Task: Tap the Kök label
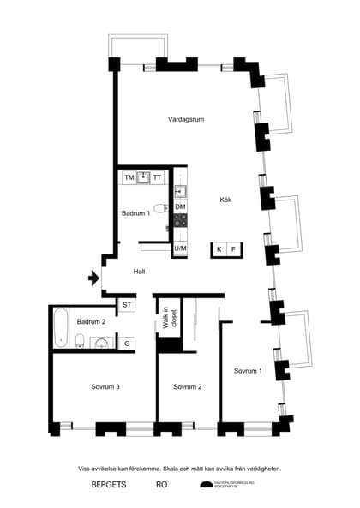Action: point(225,200)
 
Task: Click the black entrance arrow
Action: point(92,278)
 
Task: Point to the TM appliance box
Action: point(129,177)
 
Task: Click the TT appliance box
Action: point(157,177)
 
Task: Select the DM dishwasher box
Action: point(180,207)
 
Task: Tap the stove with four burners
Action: point(180,221)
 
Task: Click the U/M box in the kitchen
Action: point(180,248)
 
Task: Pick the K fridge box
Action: point(219,248)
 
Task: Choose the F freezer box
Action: point(233,248)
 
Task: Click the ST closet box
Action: point(127,304)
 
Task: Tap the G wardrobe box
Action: point(127,343)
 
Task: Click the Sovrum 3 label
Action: point(105,387)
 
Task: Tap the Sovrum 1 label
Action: point(248,370)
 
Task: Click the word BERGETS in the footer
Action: point(109,485)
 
